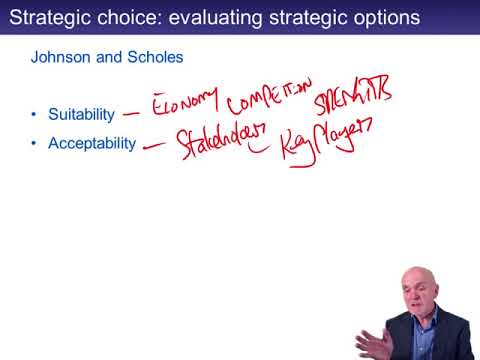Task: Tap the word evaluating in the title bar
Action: point(211,18)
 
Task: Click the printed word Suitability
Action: point(82,115)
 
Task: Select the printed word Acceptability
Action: point(92,143)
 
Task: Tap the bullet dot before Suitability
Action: point(35,115)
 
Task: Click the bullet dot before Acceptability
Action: point(35,143)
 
